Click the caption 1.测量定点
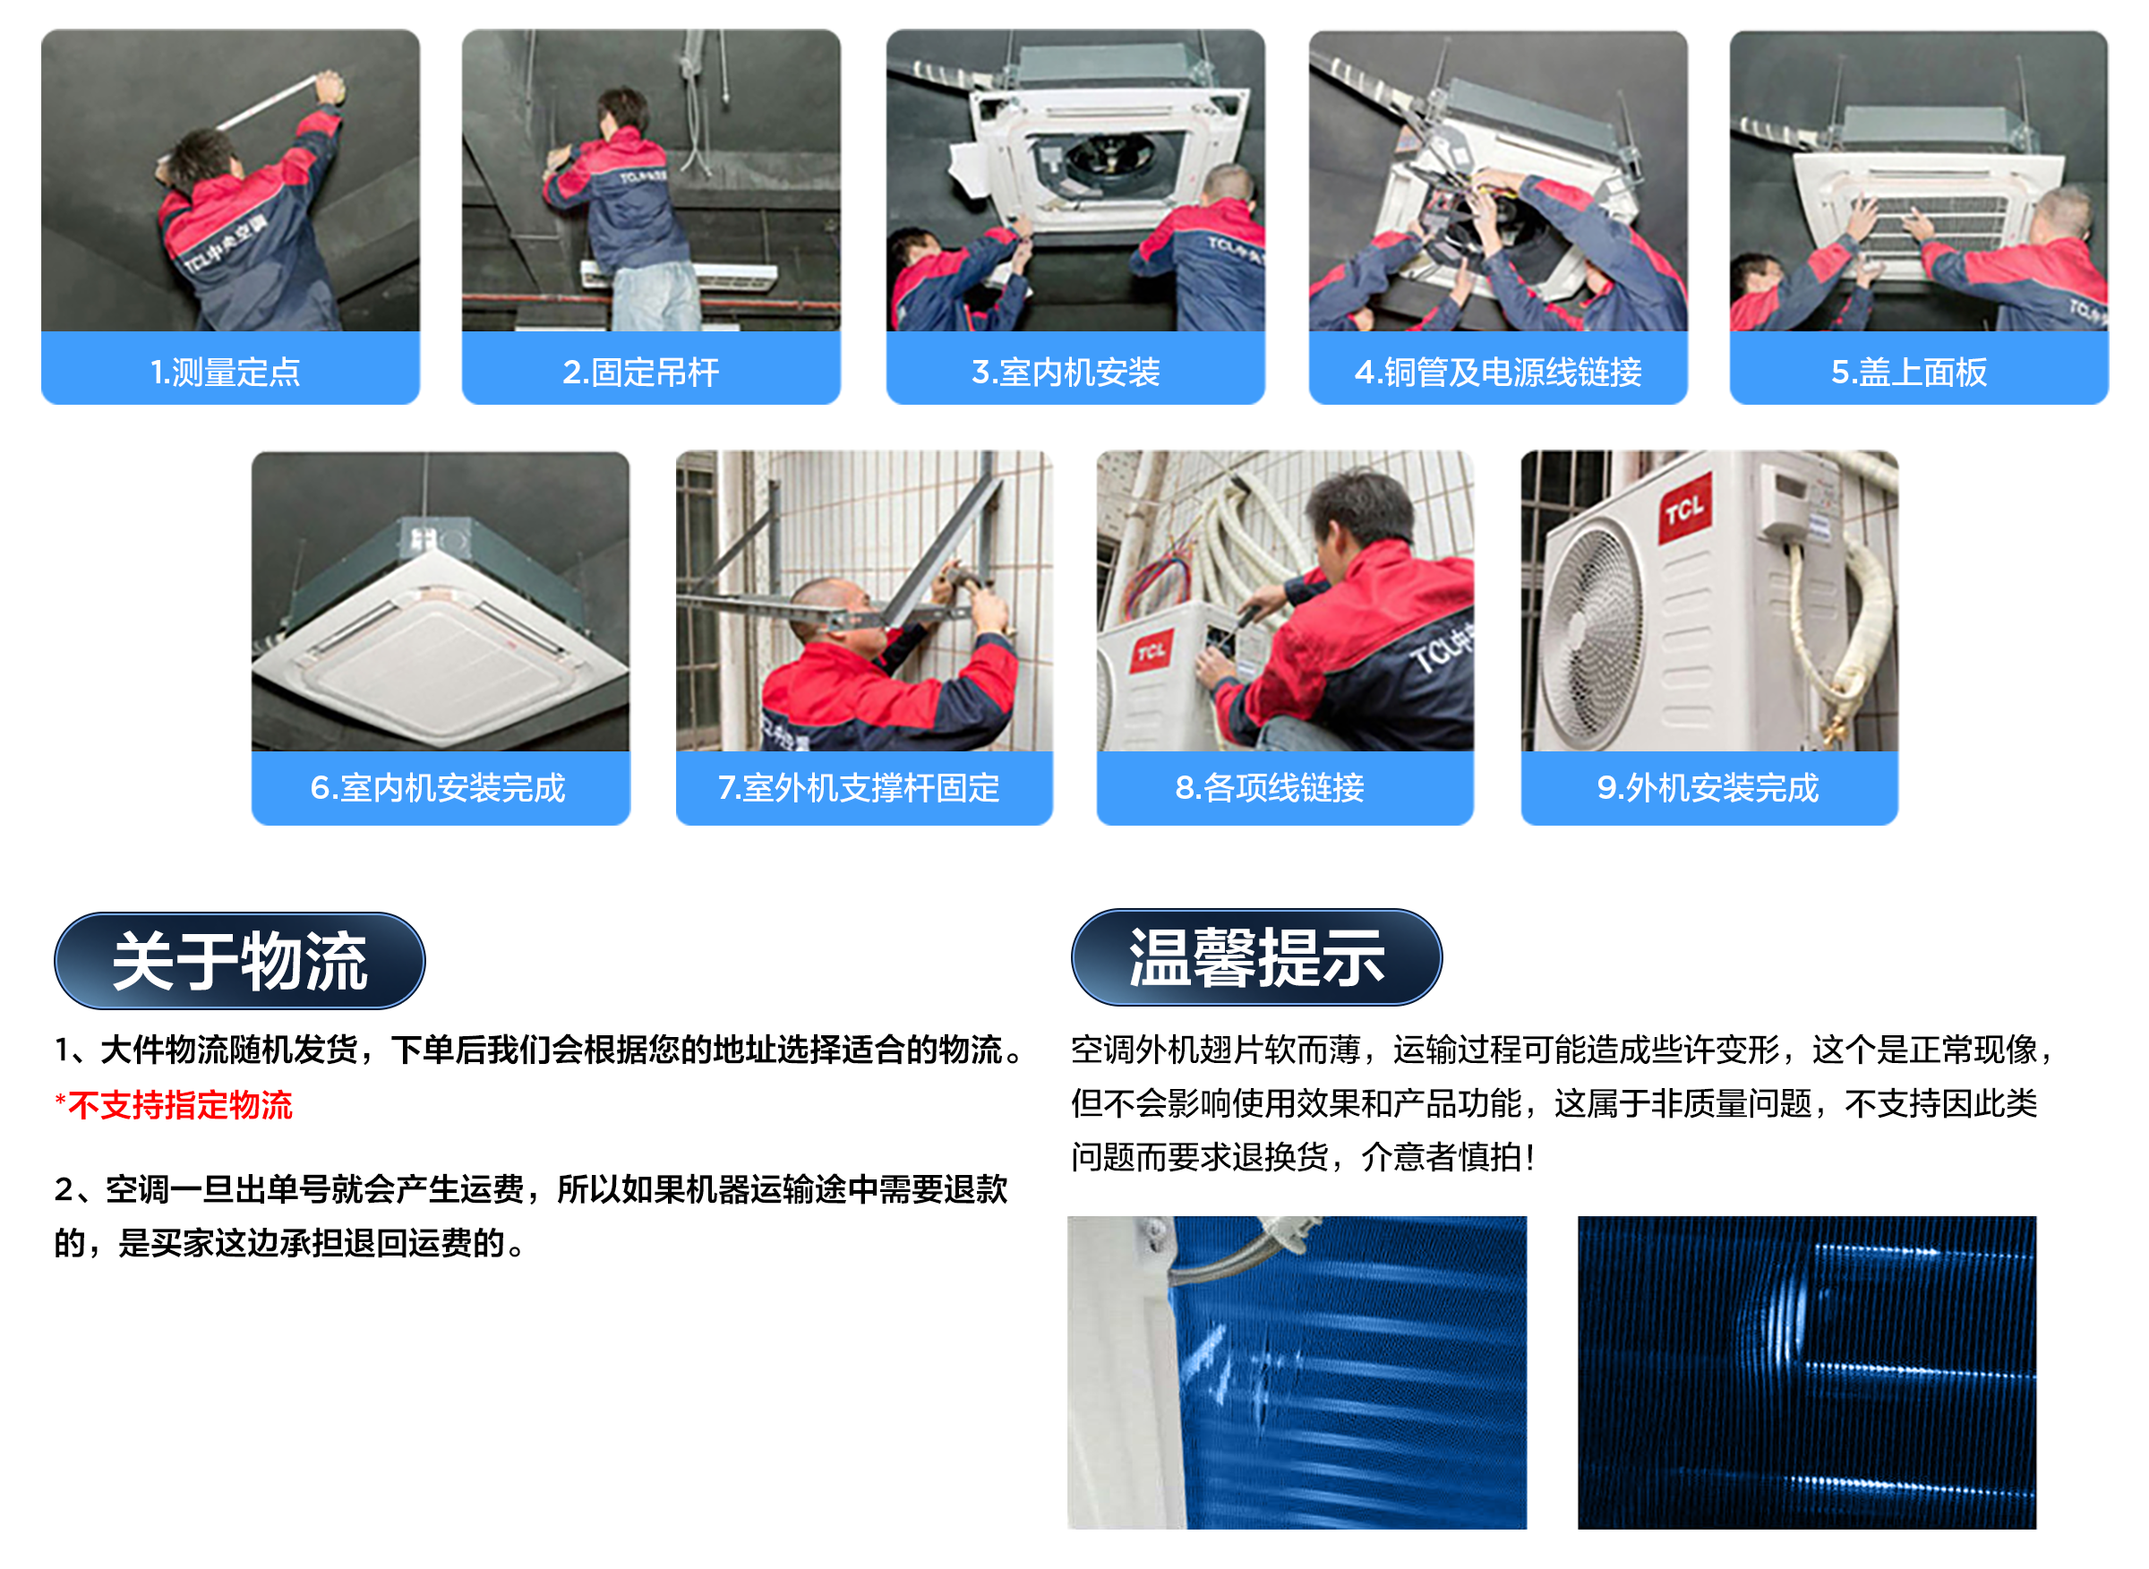tap(226, 372)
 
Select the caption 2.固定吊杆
tap(641, 372)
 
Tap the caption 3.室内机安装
tap(1066, 372)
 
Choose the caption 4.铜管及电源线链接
tap(1497, 372)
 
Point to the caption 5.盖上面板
tap(1909, 372)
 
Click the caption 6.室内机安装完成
tap(438, 787)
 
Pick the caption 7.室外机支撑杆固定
tap(859, 787)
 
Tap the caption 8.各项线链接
tap(1270, 787)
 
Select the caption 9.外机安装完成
tap(1708, 787)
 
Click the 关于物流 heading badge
tap(239, 960)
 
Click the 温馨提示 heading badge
tap(1255, 956)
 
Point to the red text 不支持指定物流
tap(179, 1104)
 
